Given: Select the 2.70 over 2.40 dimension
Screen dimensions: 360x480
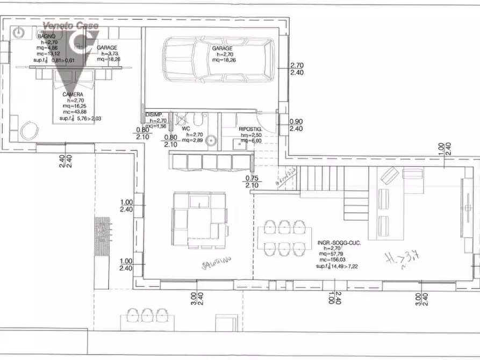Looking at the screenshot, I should [297, 69].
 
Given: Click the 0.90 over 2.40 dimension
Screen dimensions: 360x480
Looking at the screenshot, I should [296, 125].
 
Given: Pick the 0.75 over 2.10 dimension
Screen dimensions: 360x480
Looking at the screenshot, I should [252, 182].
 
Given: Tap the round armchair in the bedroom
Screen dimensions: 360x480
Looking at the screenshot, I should [27, 130].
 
